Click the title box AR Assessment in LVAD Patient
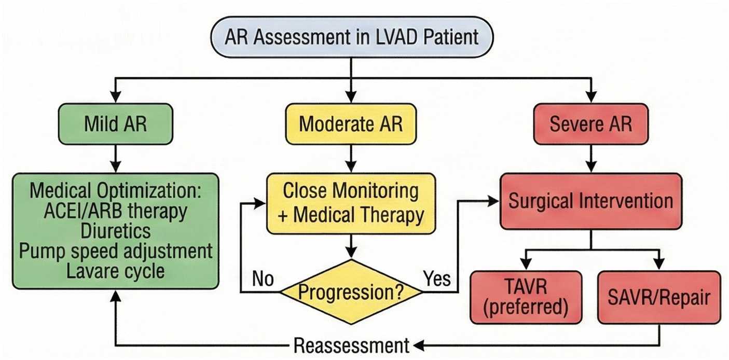click(351, 38)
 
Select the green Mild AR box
click(115, 124)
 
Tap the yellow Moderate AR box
click(351, 124)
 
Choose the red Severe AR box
click(590, 124)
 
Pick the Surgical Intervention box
click(590, 201)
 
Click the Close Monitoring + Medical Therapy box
click(351, 203)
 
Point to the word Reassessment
click(351, 345)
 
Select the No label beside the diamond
click(263, 280)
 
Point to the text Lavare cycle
click(115, 270)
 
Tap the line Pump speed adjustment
click(115, 251)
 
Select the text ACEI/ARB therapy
click(115, 212)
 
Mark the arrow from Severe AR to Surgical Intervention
click(590, 159)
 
